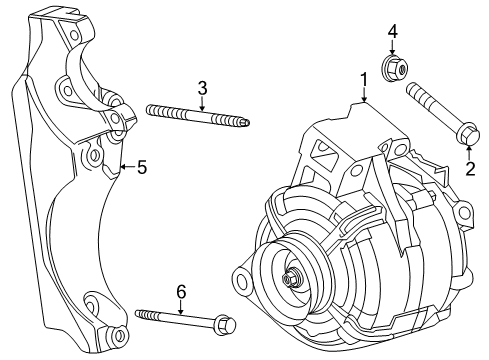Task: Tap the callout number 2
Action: coord(469,169)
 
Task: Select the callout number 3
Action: coord(202,88)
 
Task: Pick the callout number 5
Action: coord(142,168)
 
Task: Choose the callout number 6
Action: coord(181,291)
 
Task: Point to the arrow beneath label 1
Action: coord(364,95)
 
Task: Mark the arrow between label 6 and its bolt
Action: coord(181,307)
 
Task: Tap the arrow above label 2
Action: coord(469,152)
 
